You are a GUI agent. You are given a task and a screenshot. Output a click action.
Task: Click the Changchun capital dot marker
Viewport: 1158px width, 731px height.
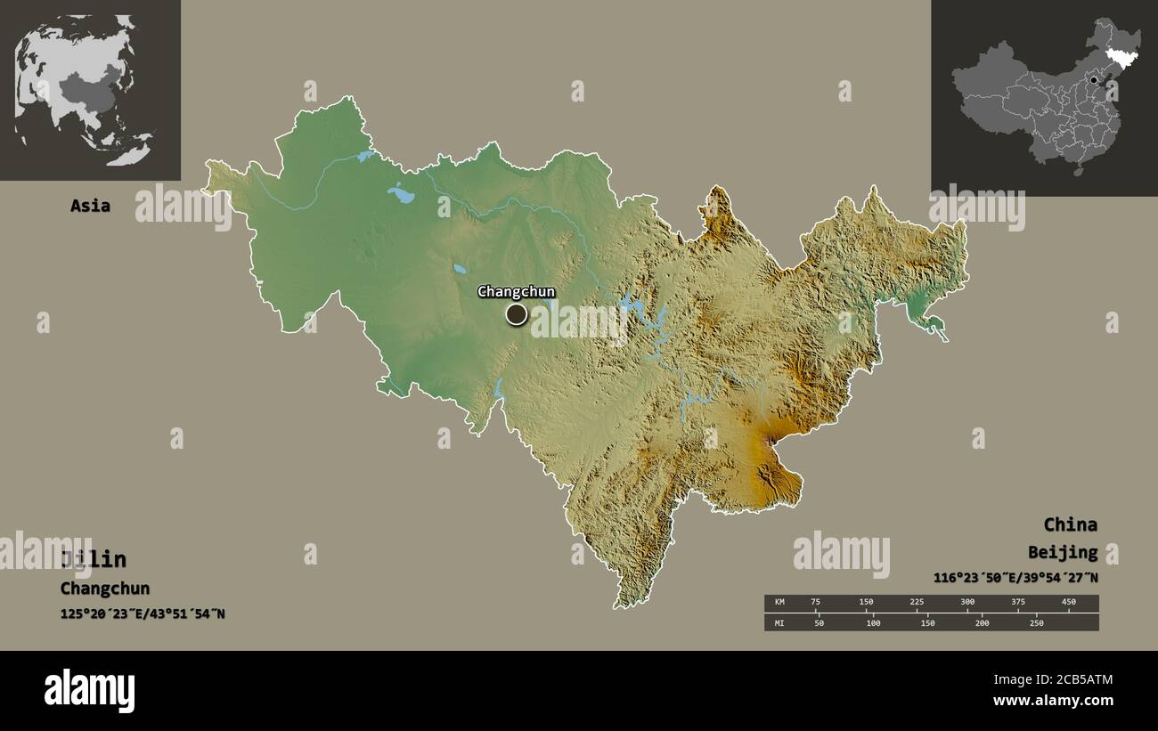tap(516, 313)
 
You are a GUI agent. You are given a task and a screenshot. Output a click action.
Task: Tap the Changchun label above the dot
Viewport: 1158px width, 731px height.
tap(516, 291)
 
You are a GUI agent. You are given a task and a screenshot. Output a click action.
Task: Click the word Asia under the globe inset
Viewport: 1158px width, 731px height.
tap(90, 206)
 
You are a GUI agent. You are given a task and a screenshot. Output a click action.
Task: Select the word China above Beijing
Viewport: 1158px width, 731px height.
tap(1070, 524)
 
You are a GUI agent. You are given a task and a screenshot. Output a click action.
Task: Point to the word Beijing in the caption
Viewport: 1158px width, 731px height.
tap(1062, 552)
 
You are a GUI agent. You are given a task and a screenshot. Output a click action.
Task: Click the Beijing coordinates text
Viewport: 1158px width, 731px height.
tap(1015, 578)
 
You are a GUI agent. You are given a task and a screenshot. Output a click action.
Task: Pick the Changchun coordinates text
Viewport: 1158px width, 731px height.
tap(143, 613)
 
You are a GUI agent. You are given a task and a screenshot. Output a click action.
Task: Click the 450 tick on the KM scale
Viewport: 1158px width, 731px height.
tap(1068, 602)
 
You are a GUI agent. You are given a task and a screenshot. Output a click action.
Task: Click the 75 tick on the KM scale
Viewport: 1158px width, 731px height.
tap(815, 602)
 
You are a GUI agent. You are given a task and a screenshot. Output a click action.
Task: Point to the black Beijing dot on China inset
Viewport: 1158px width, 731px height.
tap(1093, 80)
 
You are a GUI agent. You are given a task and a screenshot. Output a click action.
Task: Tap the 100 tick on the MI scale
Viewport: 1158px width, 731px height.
tap(873, 622)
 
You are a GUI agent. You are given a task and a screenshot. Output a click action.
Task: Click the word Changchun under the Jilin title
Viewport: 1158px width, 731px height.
tap(105, 589)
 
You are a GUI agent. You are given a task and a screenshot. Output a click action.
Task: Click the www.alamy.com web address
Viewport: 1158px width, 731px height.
tap(1053, 701)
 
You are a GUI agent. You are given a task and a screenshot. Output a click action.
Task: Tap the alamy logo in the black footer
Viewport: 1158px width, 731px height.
tap(90, 691)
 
